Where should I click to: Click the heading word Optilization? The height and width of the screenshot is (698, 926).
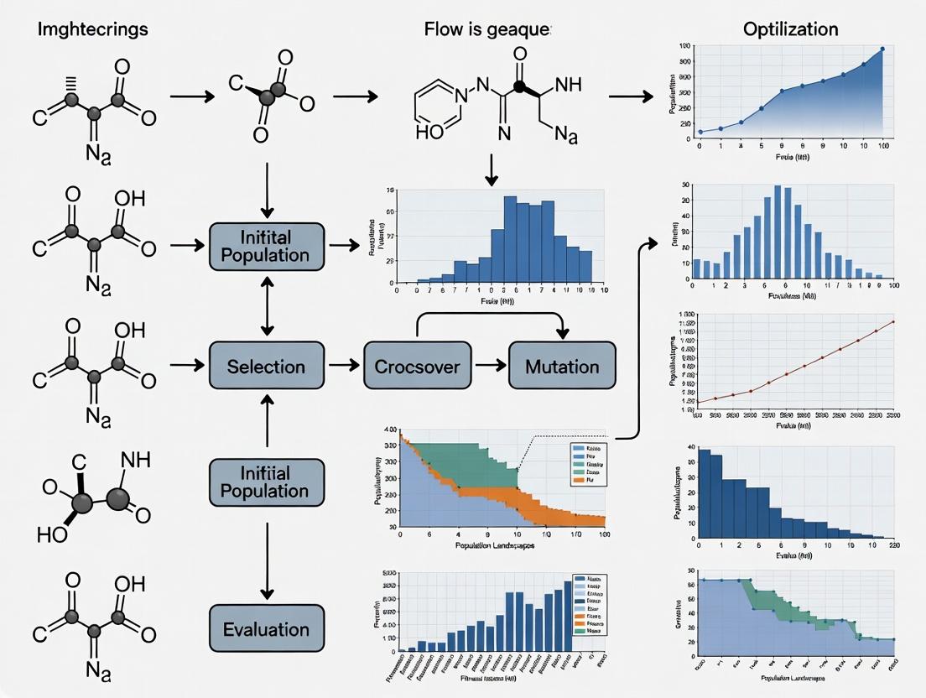point(790,29)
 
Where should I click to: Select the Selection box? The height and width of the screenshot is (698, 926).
point(266,366)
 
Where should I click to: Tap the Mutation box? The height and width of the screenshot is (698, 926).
point(561,366)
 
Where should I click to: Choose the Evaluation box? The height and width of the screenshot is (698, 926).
point(266,629)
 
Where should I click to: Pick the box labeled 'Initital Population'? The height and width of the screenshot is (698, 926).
point(266,245)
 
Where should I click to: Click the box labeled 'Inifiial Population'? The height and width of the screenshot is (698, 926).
point(266,481)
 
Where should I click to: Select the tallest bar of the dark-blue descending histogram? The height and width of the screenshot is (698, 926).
point(705,493)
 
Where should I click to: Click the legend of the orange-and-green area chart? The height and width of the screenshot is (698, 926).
point(586,465)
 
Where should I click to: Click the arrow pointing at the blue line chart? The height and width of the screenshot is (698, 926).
point(630,97)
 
